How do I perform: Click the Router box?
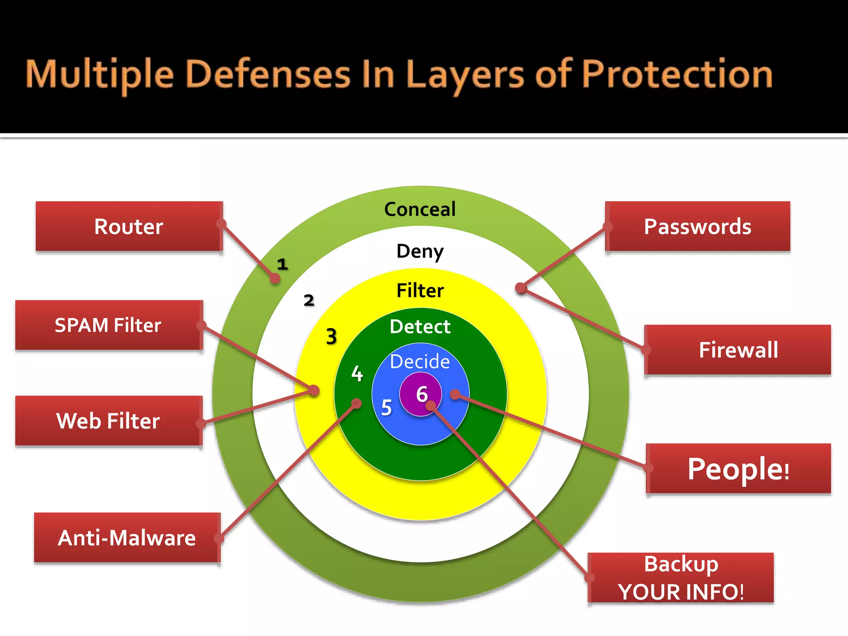pos(129,226)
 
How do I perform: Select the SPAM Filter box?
pos(108,325)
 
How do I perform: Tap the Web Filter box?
pos(108,421)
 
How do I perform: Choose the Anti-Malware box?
pos(127,538)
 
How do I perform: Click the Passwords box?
pos(698,226)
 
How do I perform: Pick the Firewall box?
pos(738,350)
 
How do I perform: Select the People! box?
pos(738,469)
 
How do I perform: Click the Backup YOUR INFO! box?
pos(681,578)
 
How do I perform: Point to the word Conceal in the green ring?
pos(420,209)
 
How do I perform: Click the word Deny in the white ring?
pos(420,251)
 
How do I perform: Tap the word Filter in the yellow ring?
pos(420,291)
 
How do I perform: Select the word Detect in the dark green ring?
pos(420,327)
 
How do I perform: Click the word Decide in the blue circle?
pos(420,361)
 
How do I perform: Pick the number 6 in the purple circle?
pos(422,394)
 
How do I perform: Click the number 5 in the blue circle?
pos(386,407)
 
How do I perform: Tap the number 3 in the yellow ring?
pos(331,336)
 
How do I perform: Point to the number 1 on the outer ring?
pos(282,264)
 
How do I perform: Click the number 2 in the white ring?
pos(309,300)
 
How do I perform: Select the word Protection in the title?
pos(677,75)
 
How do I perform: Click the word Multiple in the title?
pos(99,75)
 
